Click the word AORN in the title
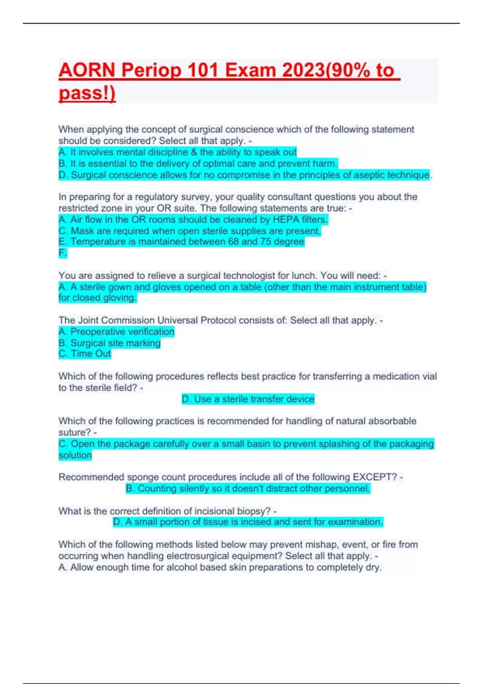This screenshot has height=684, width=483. click(x=87, y=70)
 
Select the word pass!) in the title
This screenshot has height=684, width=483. click(x=87, y=93)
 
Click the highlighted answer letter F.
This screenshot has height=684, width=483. click(x=62, y=253)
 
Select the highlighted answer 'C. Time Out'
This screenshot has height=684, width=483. click(x=85, y=354)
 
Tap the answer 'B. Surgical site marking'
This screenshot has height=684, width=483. click(x=109, y=343)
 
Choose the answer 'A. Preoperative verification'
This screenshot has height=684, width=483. click(x=116, y=332)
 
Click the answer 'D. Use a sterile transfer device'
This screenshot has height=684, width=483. click(x=248, y=399)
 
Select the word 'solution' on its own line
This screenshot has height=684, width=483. click(x=75, y=455)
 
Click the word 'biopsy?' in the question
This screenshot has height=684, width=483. click(x=254, y=511)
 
